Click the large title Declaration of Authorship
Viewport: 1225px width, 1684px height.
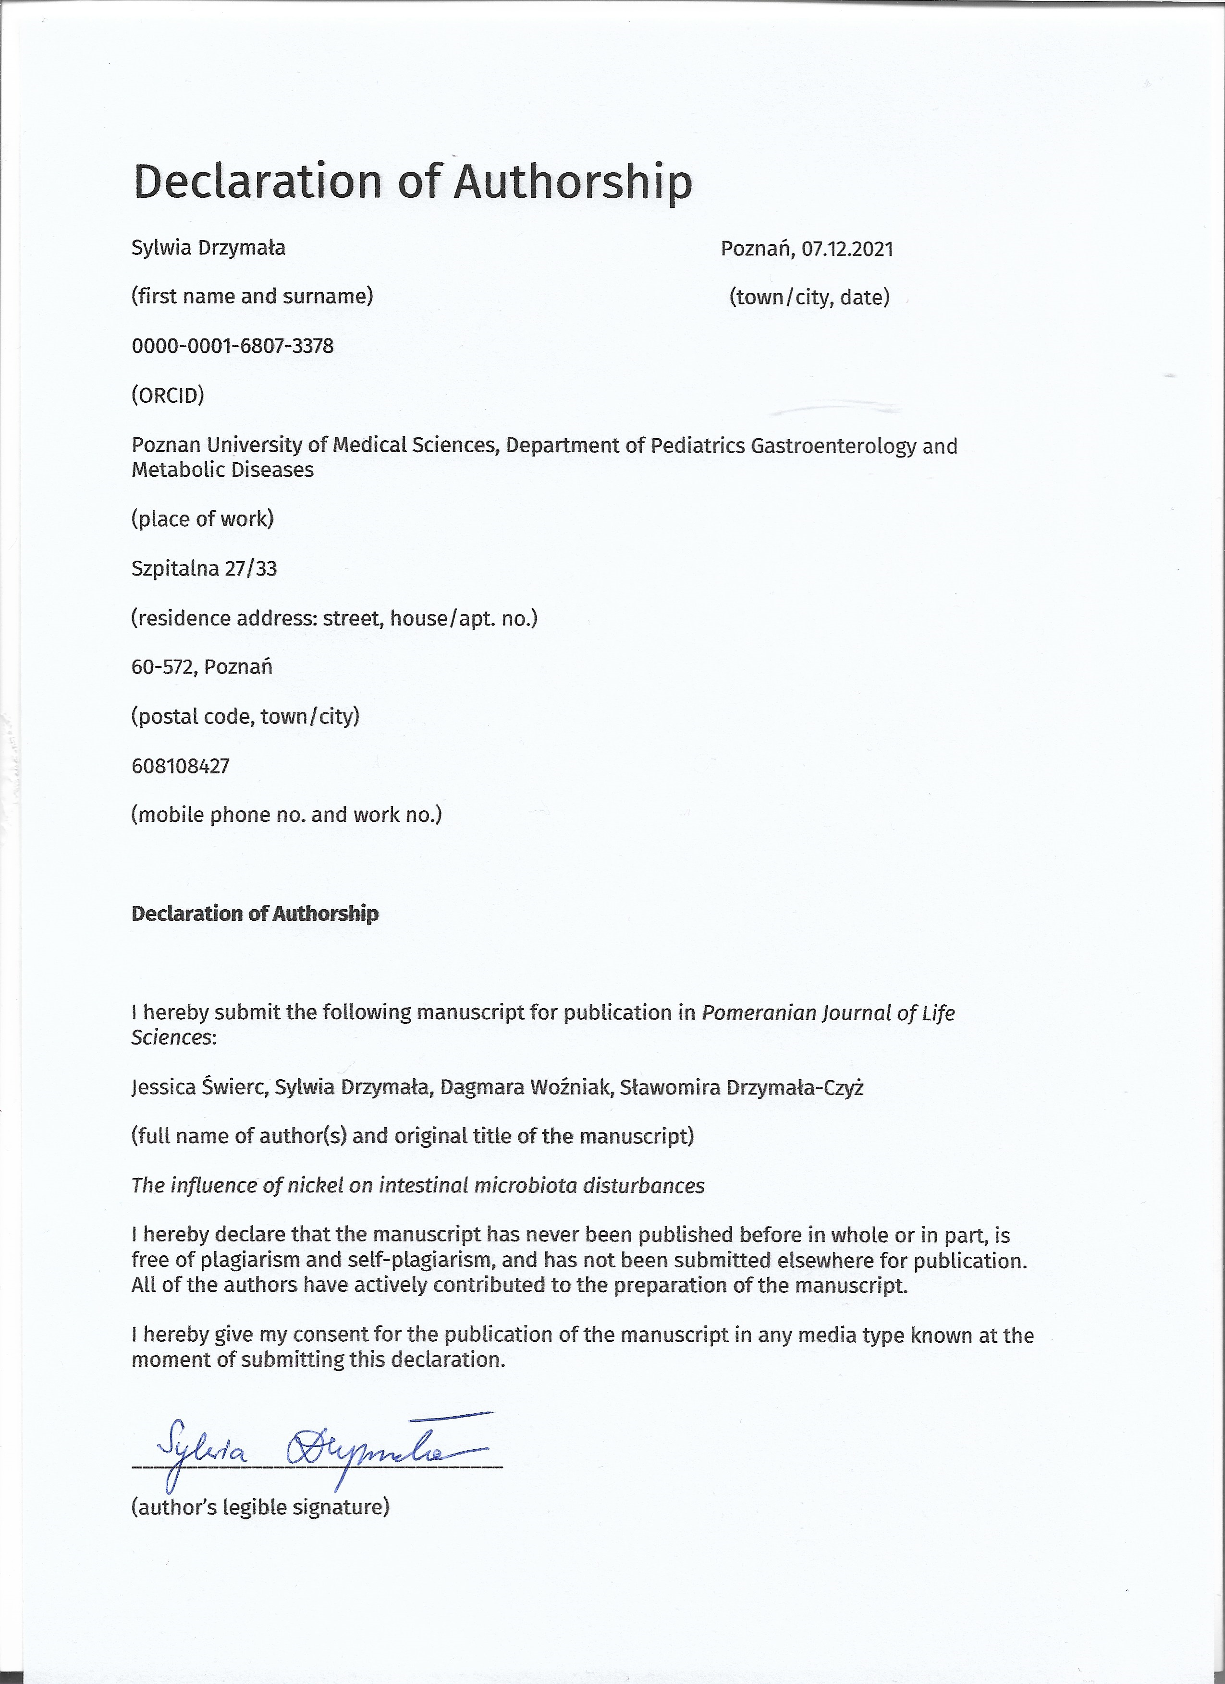412,182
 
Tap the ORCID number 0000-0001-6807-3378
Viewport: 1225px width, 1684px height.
233,346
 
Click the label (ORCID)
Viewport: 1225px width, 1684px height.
168,395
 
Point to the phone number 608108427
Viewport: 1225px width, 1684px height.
181,766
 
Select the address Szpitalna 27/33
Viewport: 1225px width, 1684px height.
204,569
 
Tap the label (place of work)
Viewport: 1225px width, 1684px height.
203,518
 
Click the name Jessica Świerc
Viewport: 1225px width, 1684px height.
199,1088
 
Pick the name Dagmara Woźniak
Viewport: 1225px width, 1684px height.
525,1088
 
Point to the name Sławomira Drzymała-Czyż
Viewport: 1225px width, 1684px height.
741,1088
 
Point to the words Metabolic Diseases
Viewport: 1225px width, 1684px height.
223,470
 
